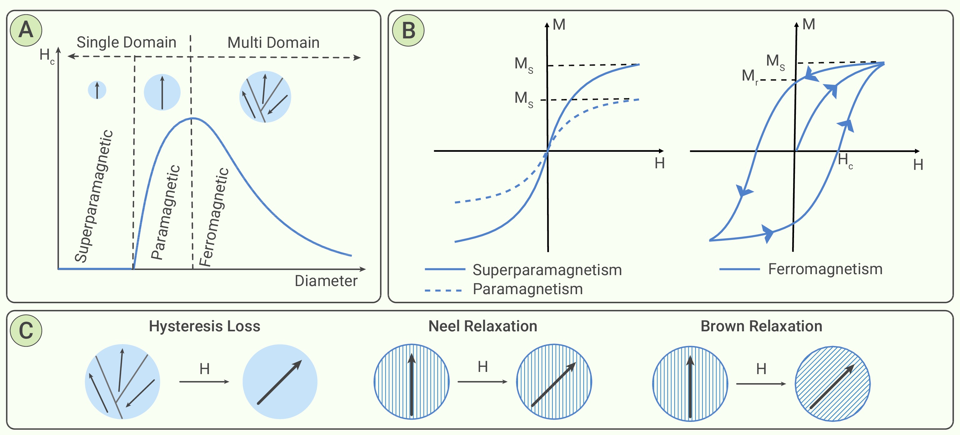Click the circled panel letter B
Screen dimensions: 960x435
coord(409,30)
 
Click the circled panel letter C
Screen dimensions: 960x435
coord(26,330)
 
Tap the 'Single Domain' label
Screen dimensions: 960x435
coord(126,42)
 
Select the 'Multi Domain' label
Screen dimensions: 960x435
coord(274,42)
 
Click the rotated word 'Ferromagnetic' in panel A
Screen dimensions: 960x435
coord(214,217)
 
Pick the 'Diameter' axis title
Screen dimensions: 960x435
coord(326,281)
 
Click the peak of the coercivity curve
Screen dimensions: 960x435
coord(192,118)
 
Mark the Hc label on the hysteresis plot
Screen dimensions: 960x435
coord(845,161)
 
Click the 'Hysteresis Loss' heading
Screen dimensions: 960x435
coord(204,326)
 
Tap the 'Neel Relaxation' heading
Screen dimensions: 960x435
coord(483,326)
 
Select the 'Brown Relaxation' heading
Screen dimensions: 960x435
coord(761,326)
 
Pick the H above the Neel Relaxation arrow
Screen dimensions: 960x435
coord(483,367)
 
